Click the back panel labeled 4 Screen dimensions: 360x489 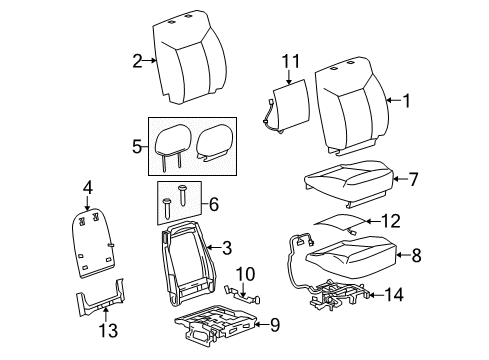tap(96, 248)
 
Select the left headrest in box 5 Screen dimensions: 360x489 tap(176, 140)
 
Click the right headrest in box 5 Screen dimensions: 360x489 tap(218, 140)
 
